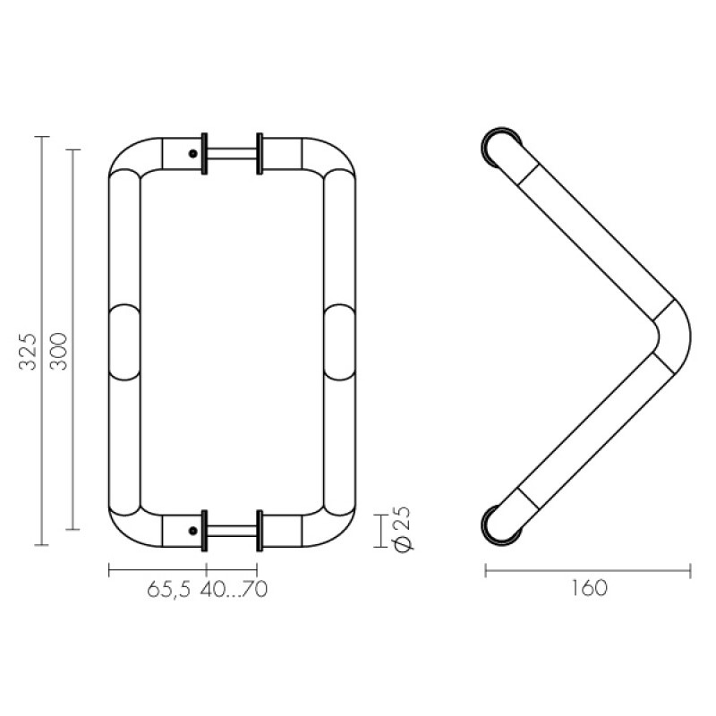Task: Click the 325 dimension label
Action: pyautogui.click(x=27, y=351)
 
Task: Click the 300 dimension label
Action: pyautogui.click(x=58, y=351)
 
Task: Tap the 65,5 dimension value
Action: pyautogui.click(x=168, y=590)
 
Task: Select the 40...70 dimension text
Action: pyautogui.click(x=234, y=590)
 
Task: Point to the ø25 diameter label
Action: pyautogui.click(x=404, y=530)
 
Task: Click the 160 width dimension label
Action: pyautogui.click(x=589, y=588)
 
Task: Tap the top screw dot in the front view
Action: pyautogui.click(x=193, y=154)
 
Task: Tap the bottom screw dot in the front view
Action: pyautogui.click(x=193, y=531)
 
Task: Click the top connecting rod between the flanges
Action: pyautogui.click(x=232, y=154)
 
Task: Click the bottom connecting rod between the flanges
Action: pyautogui.click(x=232, y=531)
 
